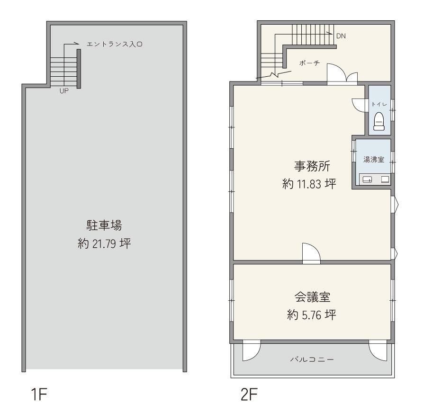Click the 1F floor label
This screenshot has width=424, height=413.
click(39, 394)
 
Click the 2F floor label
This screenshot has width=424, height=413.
click(249, 394)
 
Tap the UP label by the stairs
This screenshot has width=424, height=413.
click(64, 91)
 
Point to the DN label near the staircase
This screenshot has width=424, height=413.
click(341, 36)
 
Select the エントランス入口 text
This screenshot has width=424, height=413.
click(114, 44)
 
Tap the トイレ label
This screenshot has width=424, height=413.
click(379, 104)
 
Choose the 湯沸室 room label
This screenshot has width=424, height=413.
click(374, 160)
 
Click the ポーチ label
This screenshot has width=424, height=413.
click(310, 63)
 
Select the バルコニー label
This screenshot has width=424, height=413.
click(312, 359)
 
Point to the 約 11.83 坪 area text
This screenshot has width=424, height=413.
click(309, 184)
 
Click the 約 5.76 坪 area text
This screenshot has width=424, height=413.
click(312, 315)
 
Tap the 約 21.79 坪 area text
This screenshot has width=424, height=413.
click(104, 243)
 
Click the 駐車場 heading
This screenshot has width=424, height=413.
click(104, 225)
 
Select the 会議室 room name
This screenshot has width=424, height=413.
click(312, 297)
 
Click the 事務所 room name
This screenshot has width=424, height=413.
click(312, 166)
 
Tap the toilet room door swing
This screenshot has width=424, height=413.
click(359, 105)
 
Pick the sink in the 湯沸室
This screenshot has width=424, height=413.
click(367, 179)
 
